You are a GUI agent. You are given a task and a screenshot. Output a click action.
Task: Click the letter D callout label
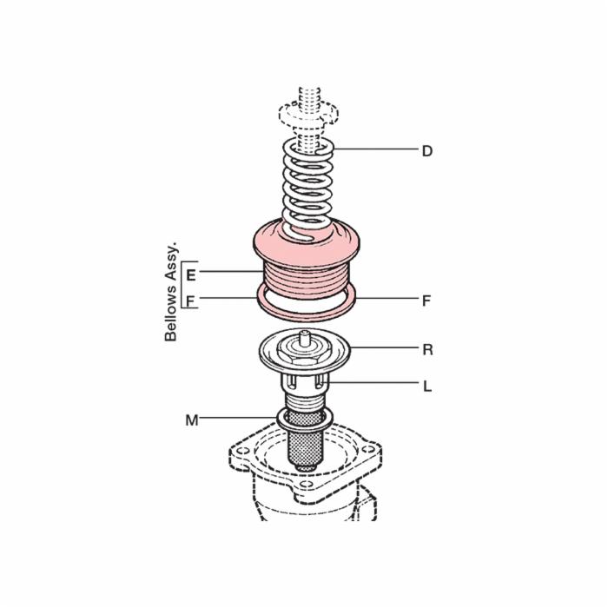click(x=427, y=151)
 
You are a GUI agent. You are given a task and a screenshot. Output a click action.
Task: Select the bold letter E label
click(x=191, y=275)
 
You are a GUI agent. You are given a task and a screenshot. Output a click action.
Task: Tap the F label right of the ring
click(x=426, y=301)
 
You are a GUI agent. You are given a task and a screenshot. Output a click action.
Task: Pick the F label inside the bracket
click(x=190, y=301)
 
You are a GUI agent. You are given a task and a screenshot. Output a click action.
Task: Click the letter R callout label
click(x=427, y=350)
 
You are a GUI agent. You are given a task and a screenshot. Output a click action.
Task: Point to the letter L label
click(x=427, y=387)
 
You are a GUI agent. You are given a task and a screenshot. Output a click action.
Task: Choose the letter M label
click(x=192, y=420)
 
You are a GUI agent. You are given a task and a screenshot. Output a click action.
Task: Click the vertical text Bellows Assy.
click(x=170, y=292)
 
